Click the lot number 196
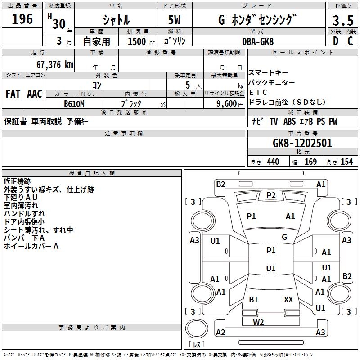pyautogui.click(x=22, y=19)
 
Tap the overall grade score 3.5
pyautogui.click(x=342, y=21)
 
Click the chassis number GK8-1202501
pyautogui.click(x=302, y=143)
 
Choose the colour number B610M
pyautogui.click(x=74, y=103)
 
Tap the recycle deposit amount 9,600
pyautogui.click(x=224, y=103)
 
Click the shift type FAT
pyautogui.click(x=13, y=94)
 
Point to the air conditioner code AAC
pyautogui.click(x=35, y=94)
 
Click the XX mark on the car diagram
pyautogui.click(x=288, y=299)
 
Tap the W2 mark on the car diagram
pyautogui.click(x=258, y=322)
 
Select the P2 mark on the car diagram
pyautogui.click(x=271, y=195)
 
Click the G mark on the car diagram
pyautogui.click(x=284, y=237)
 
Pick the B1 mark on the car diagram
pyautogui.click(x=254, y=299)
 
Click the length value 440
pyautogui.click(x=273, y=162)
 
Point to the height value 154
pyautogui.click(x=346, y=162)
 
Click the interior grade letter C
pyautogui.click(x=350, y=41)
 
